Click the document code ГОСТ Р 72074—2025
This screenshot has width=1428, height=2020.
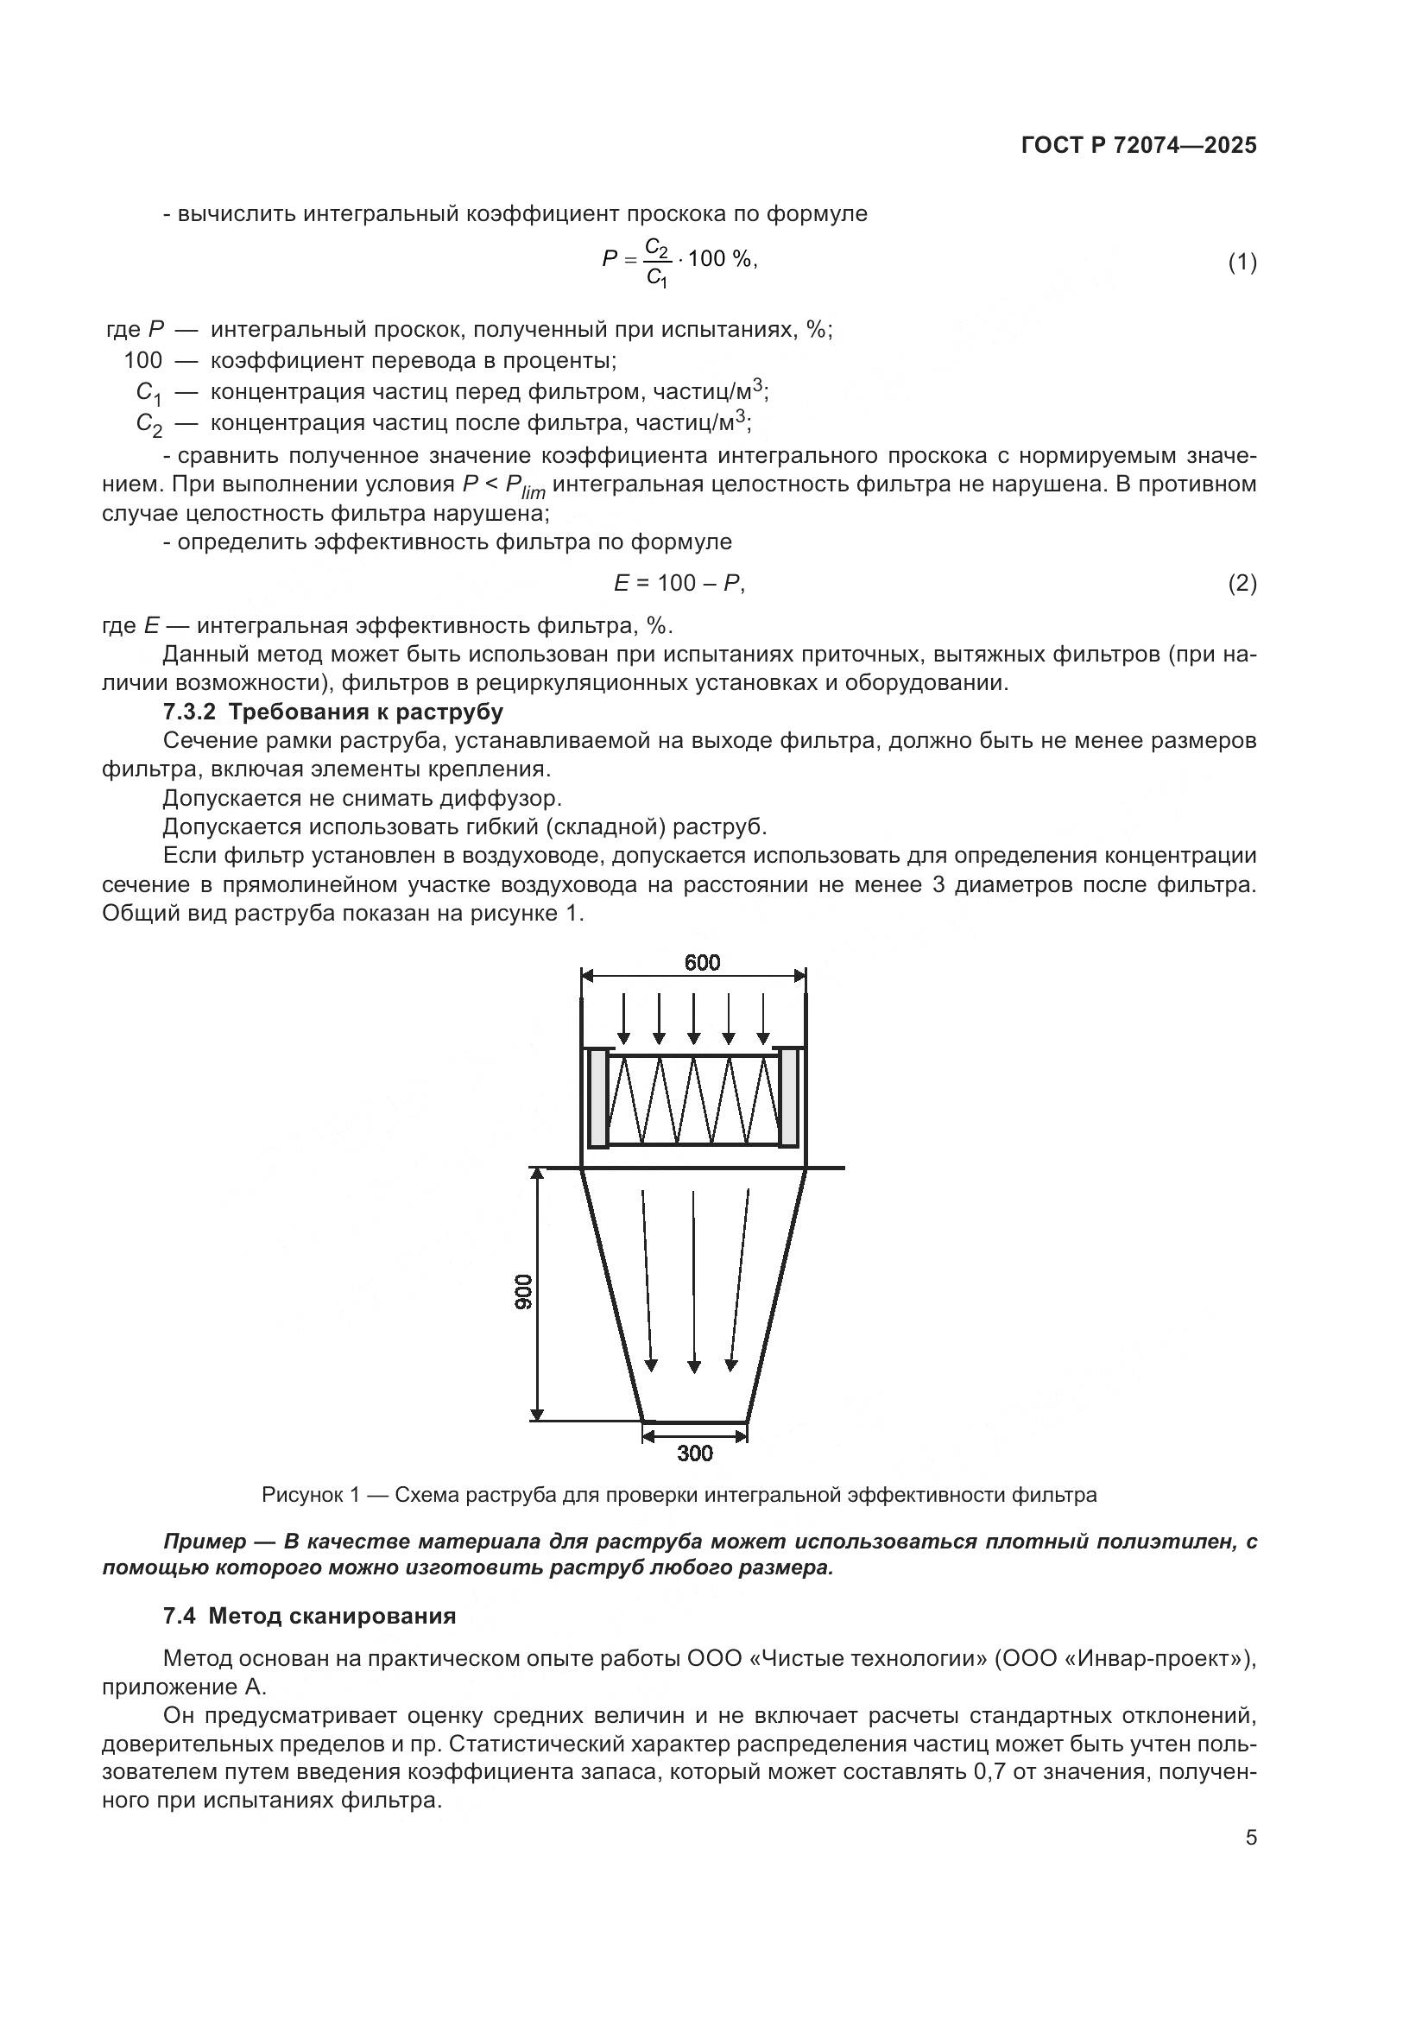[1139, 146]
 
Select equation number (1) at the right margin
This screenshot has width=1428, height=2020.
[1242, 263]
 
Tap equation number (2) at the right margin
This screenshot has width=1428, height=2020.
[1242, 583]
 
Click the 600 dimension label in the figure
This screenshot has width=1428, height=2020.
[702, 962]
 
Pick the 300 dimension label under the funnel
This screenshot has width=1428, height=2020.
[695, 1453]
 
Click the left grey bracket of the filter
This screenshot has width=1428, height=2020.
[598, 1098]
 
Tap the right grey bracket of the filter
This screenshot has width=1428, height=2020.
[789, 1098]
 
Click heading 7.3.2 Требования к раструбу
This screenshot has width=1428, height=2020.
[333, 711]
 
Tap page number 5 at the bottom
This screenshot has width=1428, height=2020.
[1250, 1838]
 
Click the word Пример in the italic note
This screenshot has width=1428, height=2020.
[205, 1542]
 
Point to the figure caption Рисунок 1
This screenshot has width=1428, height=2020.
[679, 1495]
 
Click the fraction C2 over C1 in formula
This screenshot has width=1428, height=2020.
[657, 262]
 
